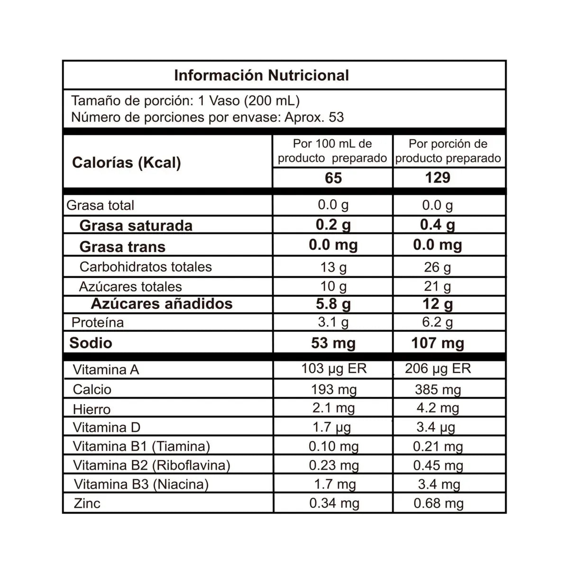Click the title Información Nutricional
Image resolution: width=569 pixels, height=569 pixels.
click(x=261, y=75)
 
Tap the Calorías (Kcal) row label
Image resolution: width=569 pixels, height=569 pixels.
click(x=126, y=163)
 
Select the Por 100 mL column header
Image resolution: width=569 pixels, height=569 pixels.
click(x=332, y=151)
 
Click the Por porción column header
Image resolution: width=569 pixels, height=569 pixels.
click(x=448, y=151)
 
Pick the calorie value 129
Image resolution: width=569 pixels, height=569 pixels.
click(x=437, y=178)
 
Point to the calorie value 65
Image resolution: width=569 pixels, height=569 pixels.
click(x=333, y=178)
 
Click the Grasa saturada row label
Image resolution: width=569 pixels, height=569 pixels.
click(x=136, y=225)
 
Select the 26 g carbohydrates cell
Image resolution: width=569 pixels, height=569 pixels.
click(x=437, y=267)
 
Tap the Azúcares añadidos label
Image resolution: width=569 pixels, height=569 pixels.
click(x=161, y=303)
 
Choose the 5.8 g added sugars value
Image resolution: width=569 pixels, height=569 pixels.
click(x=333, y=304)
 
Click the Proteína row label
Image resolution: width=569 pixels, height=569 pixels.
click(x=97, y=322)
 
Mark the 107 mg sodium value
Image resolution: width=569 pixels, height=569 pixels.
click(x=437, y=343)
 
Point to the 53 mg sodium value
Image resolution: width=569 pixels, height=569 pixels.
click(x=333, y=343)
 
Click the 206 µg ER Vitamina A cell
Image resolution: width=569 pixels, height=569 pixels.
click(x=438, y=369)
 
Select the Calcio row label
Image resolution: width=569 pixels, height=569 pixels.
click(x=92, y=389)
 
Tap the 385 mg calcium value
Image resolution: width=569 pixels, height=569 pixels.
click(x=438, y=390)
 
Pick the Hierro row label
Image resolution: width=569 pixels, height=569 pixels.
click(x=92, y=409)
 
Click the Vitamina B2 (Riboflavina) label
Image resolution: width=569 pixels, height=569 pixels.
click(x=151, y=465)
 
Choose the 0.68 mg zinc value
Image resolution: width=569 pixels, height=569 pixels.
click(x=438, y=504)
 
